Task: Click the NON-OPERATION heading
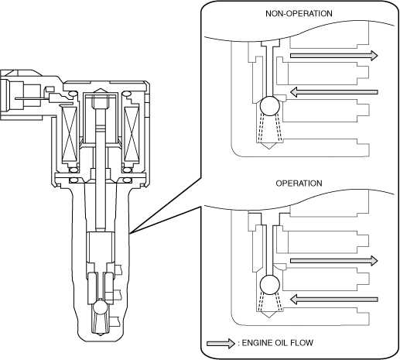point(299,13)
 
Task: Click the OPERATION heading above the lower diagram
point(299,183)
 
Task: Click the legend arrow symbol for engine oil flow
point(221,344)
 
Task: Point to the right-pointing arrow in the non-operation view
point(334,56)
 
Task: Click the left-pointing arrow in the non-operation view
point(334,92)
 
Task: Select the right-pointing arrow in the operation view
point(334,261)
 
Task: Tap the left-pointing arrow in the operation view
point(334,300)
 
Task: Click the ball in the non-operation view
point(270,106)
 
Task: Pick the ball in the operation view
point(270,285)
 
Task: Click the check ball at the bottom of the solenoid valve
point(101,307)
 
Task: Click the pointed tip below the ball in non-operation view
point(268,149)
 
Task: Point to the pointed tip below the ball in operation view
point(268,317)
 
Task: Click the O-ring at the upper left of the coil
point(73,94)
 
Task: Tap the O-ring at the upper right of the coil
point(127,94)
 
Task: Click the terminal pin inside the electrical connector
point(32,98)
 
